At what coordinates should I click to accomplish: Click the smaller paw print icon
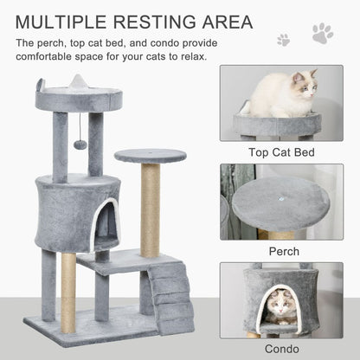284,40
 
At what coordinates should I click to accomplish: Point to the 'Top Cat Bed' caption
281,153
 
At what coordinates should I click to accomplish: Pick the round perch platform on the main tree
150,156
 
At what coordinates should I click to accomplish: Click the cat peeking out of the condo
279,305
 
